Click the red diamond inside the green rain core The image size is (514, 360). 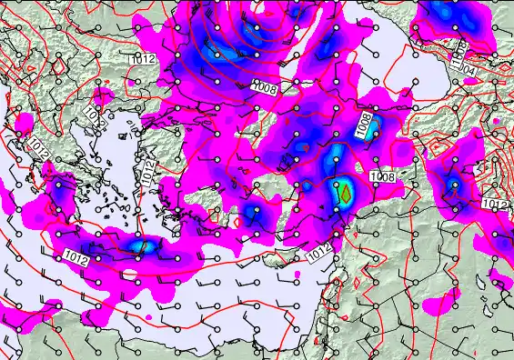tap(346, 192)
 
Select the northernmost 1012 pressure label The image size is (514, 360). tap(141, 59)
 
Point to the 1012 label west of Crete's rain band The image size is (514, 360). tap(77, 258)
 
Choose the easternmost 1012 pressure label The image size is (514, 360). tap(495, 205)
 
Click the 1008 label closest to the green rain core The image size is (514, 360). tap(383, 176)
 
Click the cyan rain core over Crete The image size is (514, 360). tap(138, 245)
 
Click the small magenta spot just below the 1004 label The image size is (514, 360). tap(470, 81)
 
